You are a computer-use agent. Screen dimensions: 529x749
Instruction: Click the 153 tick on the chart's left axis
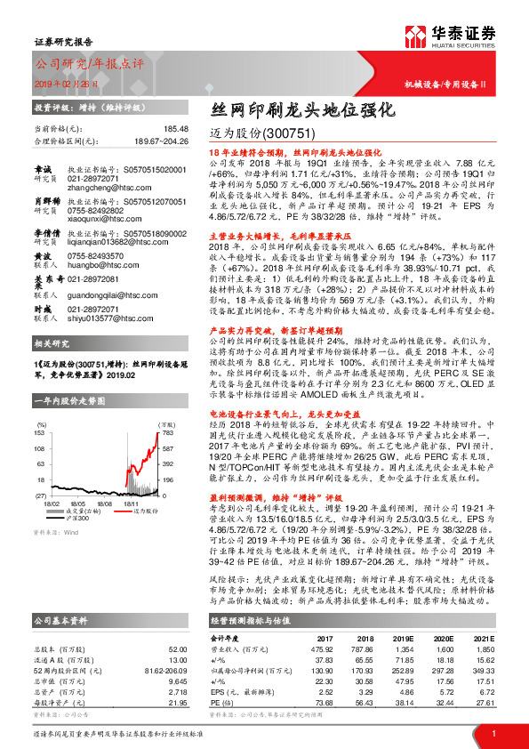click(39, 431)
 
